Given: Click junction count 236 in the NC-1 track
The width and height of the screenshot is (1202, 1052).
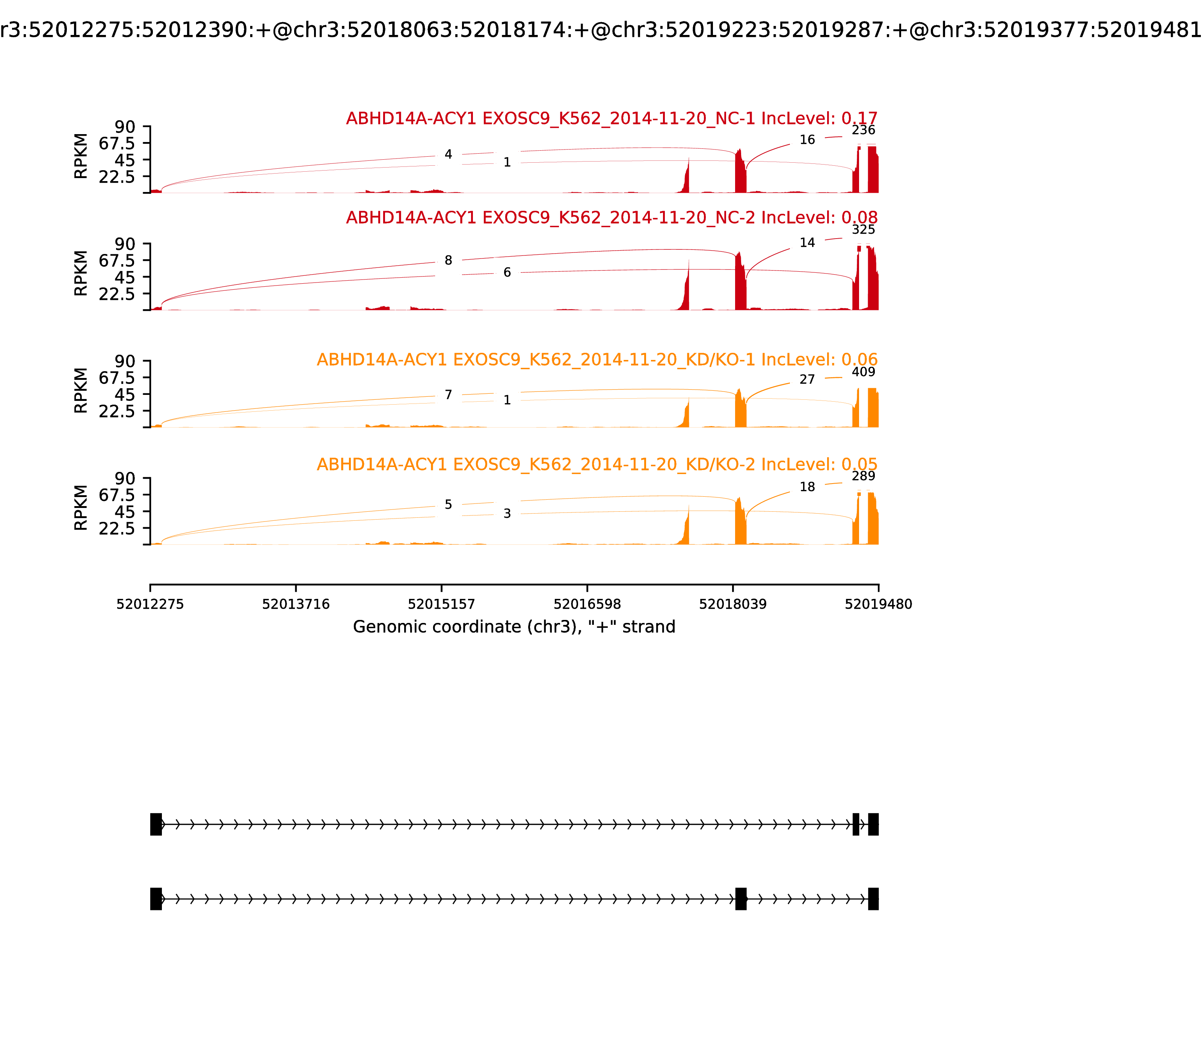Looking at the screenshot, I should click(x=863, y=130).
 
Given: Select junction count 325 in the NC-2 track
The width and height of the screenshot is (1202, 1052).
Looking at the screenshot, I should click(x=863, y=230).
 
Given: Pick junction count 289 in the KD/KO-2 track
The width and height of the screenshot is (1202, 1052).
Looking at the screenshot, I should click(x=863, y=476).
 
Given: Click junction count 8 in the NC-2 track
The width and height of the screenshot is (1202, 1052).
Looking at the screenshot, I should click(x=448, y=260).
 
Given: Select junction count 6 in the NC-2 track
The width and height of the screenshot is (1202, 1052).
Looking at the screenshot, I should click(x=507, y=272).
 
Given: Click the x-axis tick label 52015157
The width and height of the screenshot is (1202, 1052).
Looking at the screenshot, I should click(x=441, y=604).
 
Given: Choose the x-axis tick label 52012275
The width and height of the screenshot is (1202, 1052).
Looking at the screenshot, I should click(x=150, y=604).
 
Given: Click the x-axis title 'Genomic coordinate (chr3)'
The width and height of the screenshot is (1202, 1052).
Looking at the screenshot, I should click(x=513, y=627).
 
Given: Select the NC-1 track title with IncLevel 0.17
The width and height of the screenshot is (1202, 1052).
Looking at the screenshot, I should click(x=612, y=119).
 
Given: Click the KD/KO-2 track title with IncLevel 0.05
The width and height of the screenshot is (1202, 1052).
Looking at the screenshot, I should click(x=597, y=464).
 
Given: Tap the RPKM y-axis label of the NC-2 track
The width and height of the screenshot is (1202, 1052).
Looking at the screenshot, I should click(x=81, y=273).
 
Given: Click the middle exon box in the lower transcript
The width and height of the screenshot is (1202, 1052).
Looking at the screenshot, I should click(x=741, y=899).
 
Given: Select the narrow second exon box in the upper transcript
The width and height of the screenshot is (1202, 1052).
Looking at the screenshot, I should click(x=856, y=824).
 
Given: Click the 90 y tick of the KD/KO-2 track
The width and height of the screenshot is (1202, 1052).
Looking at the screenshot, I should click(x=125, y=478).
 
